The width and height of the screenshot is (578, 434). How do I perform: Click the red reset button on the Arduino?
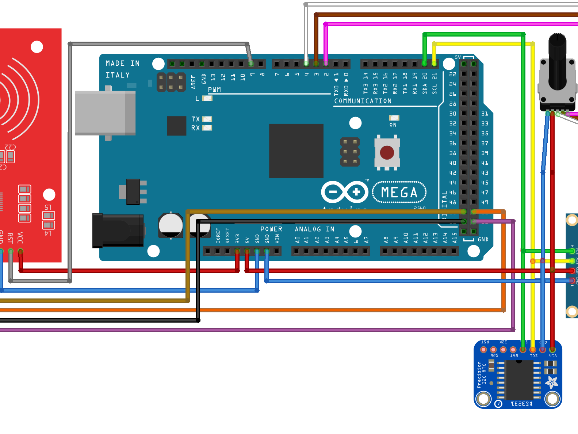tap(387, 152)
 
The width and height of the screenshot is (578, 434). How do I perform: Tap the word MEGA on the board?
tap(399, 193)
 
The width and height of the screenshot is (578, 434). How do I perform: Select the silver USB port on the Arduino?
tap(105, 113)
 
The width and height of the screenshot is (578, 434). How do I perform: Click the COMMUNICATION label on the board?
tap(363, 101)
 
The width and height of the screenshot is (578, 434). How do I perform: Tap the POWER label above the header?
tap(271, 229)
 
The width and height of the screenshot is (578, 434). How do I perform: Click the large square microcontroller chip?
tap(296, 151)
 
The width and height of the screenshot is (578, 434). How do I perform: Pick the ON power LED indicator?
tap(394, 118)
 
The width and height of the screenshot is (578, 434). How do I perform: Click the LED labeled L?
tap(207, 98)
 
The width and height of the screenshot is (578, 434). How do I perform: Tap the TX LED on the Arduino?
tap(207, 119)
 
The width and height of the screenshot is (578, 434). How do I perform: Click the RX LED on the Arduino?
tap(207, 128)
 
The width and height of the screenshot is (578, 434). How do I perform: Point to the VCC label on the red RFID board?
tap(20, 238)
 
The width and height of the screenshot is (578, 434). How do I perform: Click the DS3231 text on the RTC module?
tap(521, 404)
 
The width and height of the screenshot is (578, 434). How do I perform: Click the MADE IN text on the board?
tap(122, 64)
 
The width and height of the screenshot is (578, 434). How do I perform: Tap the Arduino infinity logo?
tap(345, 192)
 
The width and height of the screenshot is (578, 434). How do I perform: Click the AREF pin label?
tap(194, 82)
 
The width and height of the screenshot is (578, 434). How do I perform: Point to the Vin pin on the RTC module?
tap(552, 350)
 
